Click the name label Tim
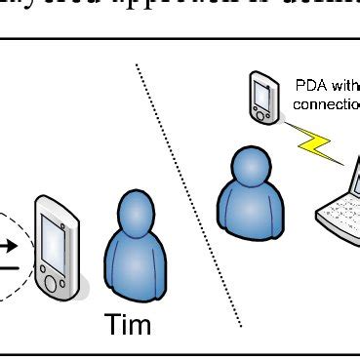[x=128, y=323]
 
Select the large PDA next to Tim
[x=59, y=248]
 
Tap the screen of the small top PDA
[x=260, y=94]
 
